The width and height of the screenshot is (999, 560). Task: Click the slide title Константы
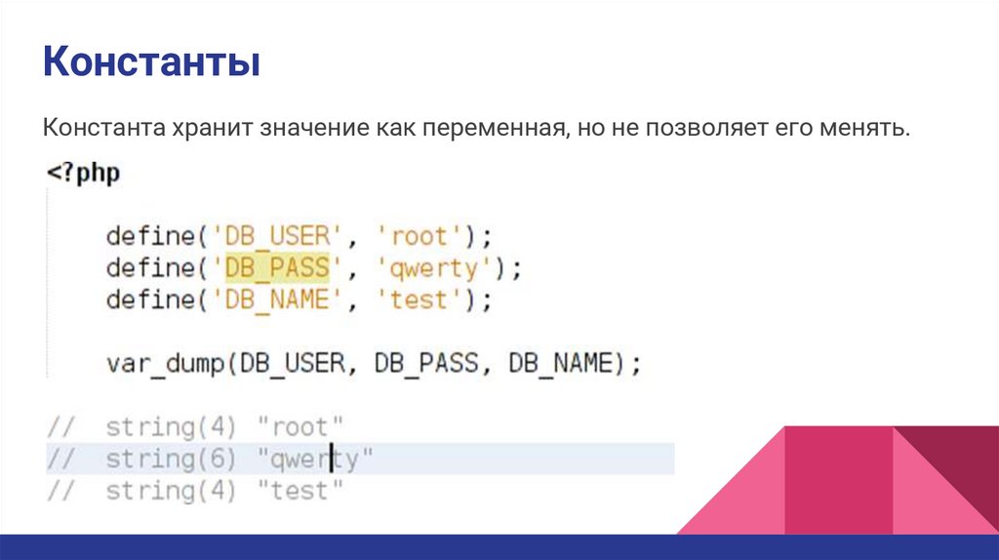150,65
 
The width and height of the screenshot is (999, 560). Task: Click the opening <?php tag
83,176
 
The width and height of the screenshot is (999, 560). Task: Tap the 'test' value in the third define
419,299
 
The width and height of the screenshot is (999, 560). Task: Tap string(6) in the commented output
172,458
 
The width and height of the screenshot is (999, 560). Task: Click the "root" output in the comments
301,426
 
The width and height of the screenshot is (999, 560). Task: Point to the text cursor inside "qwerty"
332,458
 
